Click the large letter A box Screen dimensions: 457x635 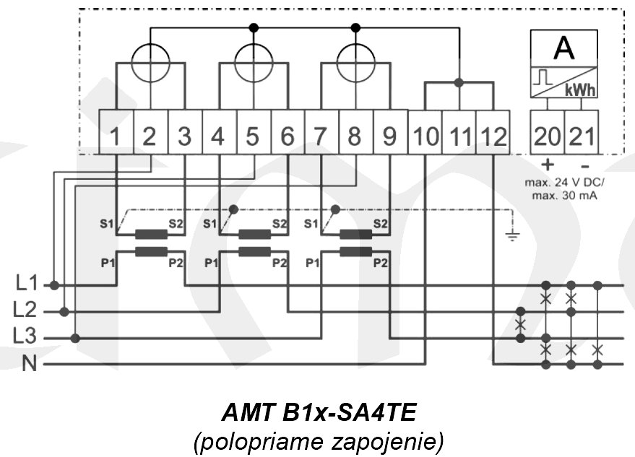(563, 48)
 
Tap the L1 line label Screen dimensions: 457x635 (27, 284)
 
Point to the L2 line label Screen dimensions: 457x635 (27, 311)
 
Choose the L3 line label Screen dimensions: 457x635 (27, 337)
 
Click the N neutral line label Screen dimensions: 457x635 (30, 363)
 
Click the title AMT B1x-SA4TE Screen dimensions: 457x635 (318, 414)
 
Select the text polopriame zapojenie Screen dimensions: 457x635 (318, 440)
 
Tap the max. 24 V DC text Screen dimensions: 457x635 (563, 183)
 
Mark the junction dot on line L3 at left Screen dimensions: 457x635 (76, 338)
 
